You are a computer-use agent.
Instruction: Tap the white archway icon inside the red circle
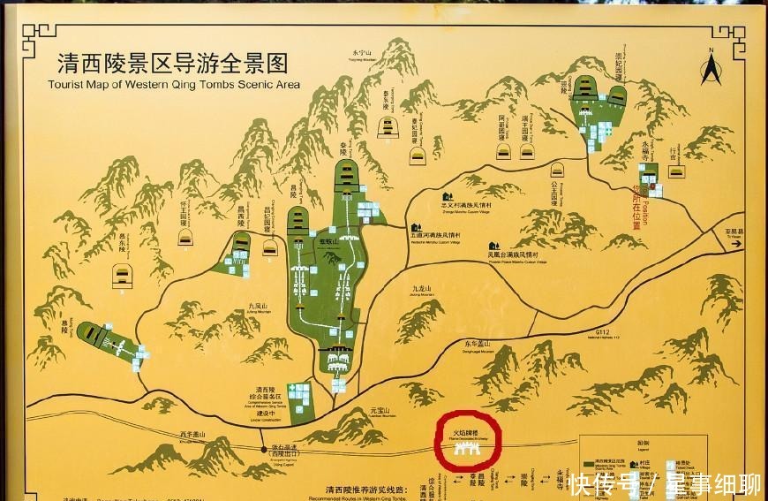pos(469,448)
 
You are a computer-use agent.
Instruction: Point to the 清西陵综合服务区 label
pos(267,395)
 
